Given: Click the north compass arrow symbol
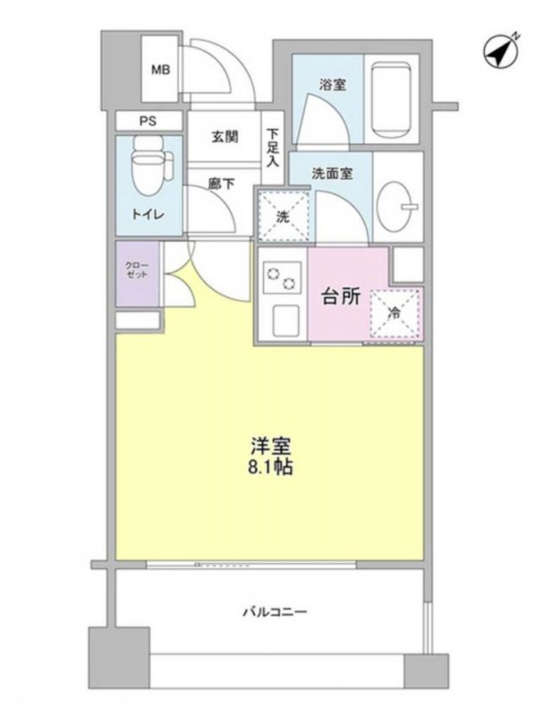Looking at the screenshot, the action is click(x=501, y=51).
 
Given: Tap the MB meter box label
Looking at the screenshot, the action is click(x=161, y=70).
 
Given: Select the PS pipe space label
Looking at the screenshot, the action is click(x=148, y=122).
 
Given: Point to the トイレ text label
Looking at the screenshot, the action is click(x=148, y=214).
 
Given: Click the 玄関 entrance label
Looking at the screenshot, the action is click(x=225, y=136).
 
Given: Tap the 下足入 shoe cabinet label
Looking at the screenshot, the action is click(x=273, y=148).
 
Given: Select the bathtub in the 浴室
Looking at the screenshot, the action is click(x=390, y=99).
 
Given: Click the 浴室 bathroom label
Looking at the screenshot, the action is click(x=332, y=84).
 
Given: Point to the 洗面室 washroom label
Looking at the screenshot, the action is click(x=332, y=174).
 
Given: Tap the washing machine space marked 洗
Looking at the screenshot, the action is click(x=284, y=216).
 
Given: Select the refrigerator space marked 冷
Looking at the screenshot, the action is click(x=394, y=314).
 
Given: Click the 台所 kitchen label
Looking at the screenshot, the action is click(x=341, y=297).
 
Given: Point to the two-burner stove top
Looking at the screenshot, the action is click(x=282, y=278).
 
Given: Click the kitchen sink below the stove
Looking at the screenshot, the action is click(x=285, y=320).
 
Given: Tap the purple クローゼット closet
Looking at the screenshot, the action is click(x=137, y=273).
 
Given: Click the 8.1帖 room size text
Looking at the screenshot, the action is click(x=270, y=467).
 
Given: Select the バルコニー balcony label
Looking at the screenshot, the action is click(x=275, y=611).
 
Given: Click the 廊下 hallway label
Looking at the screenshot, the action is click(x=222, y=183).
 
